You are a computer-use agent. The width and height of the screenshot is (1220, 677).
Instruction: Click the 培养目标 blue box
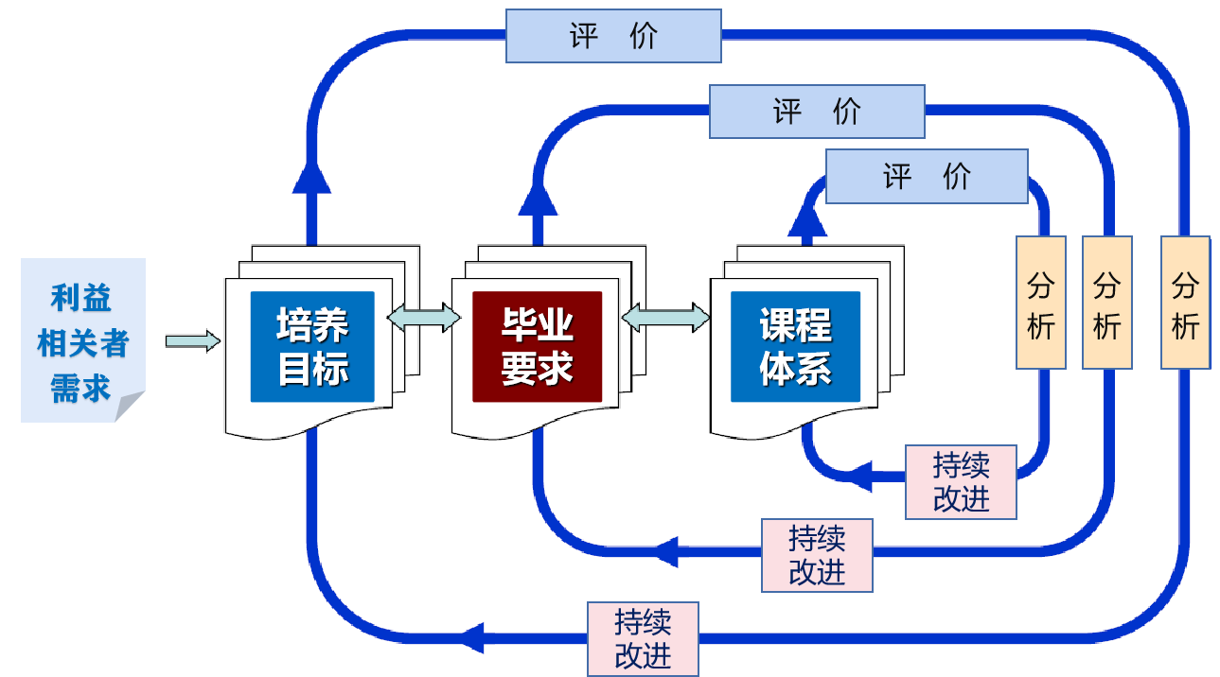pyautogui.click(x=312, y=346)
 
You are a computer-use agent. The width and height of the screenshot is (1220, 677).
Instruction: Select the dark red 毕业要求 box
pyautogui.click(x=538, y=346)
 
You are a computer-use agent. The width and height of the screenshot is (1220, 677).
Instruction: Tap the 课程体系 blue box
pyautogui.click(x=796, y=346)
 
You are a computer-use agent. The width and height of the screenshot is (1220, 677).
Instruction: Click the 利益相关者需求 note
pyautogui.click(x=82, y=340)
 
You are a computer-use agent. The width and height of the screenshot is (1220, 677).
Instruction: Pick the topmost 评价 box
pyautogui.click(x=613, y=36)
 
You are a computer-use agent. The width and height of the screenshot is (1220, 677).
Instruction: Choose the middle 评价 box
pyautogui.click(x=817, y=111)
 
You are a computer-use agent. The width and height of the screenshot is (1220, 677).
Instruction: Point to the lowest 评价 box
pyautogui.click(x=927, y=176)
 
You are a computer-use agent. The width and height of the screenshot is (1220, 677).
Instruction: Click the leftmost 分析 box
pyautogui.click(x=1041, y=302)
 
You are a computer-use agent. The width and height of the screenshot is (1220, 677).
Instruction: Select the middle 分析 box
pyautogui.click(x=1106, y=302)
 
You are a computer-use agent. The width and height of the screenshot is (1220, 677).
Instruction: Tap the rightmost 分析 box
pyautogui.click(x=1185, y=302)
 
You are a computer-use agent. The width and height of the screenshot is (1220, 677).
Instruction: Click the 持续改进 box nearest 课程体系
pyautogui.click(x=961, y=482)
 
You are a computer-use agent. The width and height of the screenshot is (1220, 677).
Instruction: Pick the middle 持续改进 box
pyautogui.click(x=817, y=555)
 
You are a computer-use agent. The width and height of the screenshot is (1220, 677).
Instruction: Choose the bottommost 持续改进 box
pyautogui.click(x=643, y=638)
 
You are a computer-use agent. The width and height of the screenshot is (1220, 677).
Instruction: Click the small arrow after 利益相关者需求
pyautogui.click(x=192, y=341)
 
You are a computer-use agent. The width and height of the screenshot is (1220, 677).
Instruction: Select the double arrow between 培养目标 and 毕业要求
pyautogui.click(x=423, y=317)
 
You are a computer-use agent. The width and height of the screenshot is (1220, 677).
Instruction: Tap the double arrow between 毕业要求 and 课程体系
pyautogui.click(x=665, y=318)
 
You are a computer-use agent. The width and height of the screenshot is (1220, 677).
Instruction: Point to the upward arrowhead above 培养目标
pyautogui.click(x=310, y=177)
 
